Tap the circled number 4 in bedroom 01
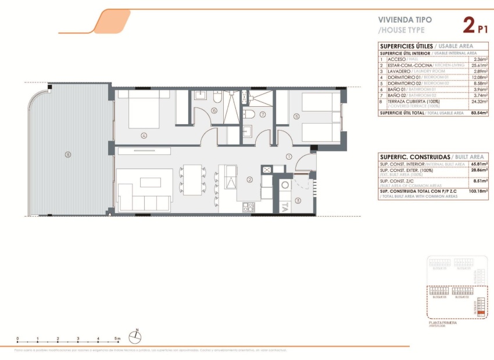pyautogui.click(x=144, y=136)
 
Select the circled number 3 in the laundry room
pyautogui.click(x=298, y=201)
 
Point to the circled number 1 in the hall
pyautogui.click(x=289, y=156)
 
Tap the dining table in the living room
pyautogui.click(x=192, y=179)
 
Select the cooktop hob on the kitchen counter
pyautogui.click(x=249, y=206)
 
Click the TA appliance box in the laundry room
pyautogui.click(x=284, y=205)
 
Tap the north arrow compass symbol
pyautogui.click(x=137, y=335)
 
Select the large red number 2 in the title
pyautogui.click(x=468, y=26)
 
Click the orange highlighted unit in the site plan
pyautogui.click(x=479, y=311)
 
